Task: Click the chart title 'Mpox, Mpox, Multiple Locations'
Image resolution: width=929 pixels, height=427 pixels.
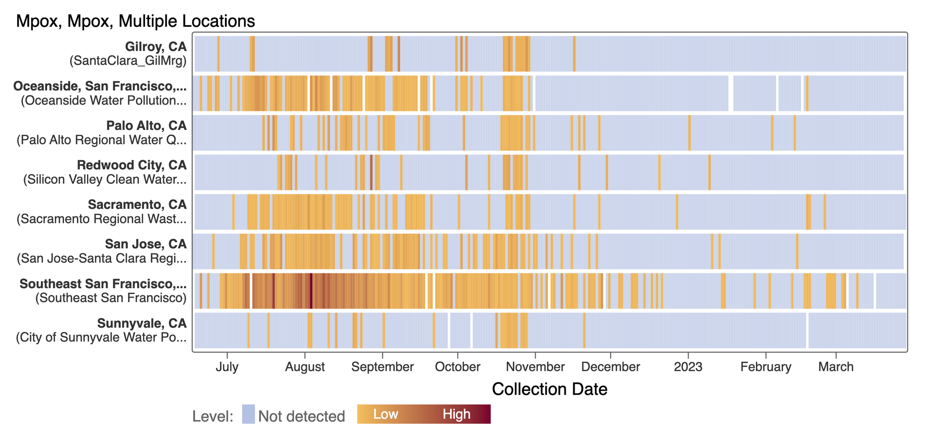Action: (135, 21)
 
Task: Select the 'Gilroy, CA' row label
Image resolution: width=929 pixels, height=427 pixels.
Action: (156, 46)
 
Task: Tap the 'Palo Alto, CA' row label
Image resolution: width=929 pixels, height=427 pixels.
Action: (146, 126)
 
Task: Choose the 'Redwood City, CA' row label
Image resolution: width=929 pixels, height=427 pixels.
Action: (131, 165)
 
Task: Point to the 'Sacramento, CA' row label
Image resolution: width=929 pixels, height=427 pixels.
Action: (137, 205)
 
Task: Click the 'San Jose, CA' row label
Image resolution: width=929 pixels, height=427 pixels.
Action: (145, 244)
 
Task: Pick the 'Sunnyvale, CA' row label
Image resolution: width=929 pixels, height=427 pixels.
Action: (142, 323)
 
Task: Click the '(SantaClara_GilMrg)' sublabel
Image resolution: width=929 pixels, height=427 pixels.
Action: (128, 61)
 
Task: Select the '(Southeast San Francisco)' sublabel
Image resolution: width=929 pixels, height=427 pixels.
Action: (111, 298)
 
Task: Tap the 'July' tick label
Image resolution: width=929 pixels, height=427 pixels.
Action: (227, 367)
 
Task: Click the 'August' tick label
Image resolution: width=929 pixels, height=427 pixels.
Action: (305, 367)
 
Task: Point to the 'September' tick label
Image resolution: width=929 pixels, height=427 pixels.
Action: (382, 367)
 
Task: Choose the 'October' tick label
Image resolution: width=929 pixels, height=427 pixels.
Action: (458, 367)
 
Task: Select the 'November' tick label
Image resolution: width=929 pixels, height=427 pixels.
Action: (535, 367)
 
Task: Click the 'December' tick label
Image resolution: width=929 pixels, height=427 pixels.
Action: (610, 367)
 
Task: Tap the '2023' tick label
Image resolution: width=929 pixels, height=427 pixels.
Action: (688, 367)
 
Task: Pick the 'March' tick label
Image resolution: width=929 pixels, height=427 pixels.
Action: (836, 367)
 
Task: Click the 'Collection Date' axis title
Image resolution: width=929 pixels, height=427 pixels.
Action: (550, 389)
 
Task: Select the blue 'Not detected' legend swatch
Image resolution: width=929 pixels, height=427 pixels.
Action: (249, 414)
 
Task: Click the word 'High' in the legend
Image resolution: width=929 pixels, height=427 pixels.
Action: (456, 414)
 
